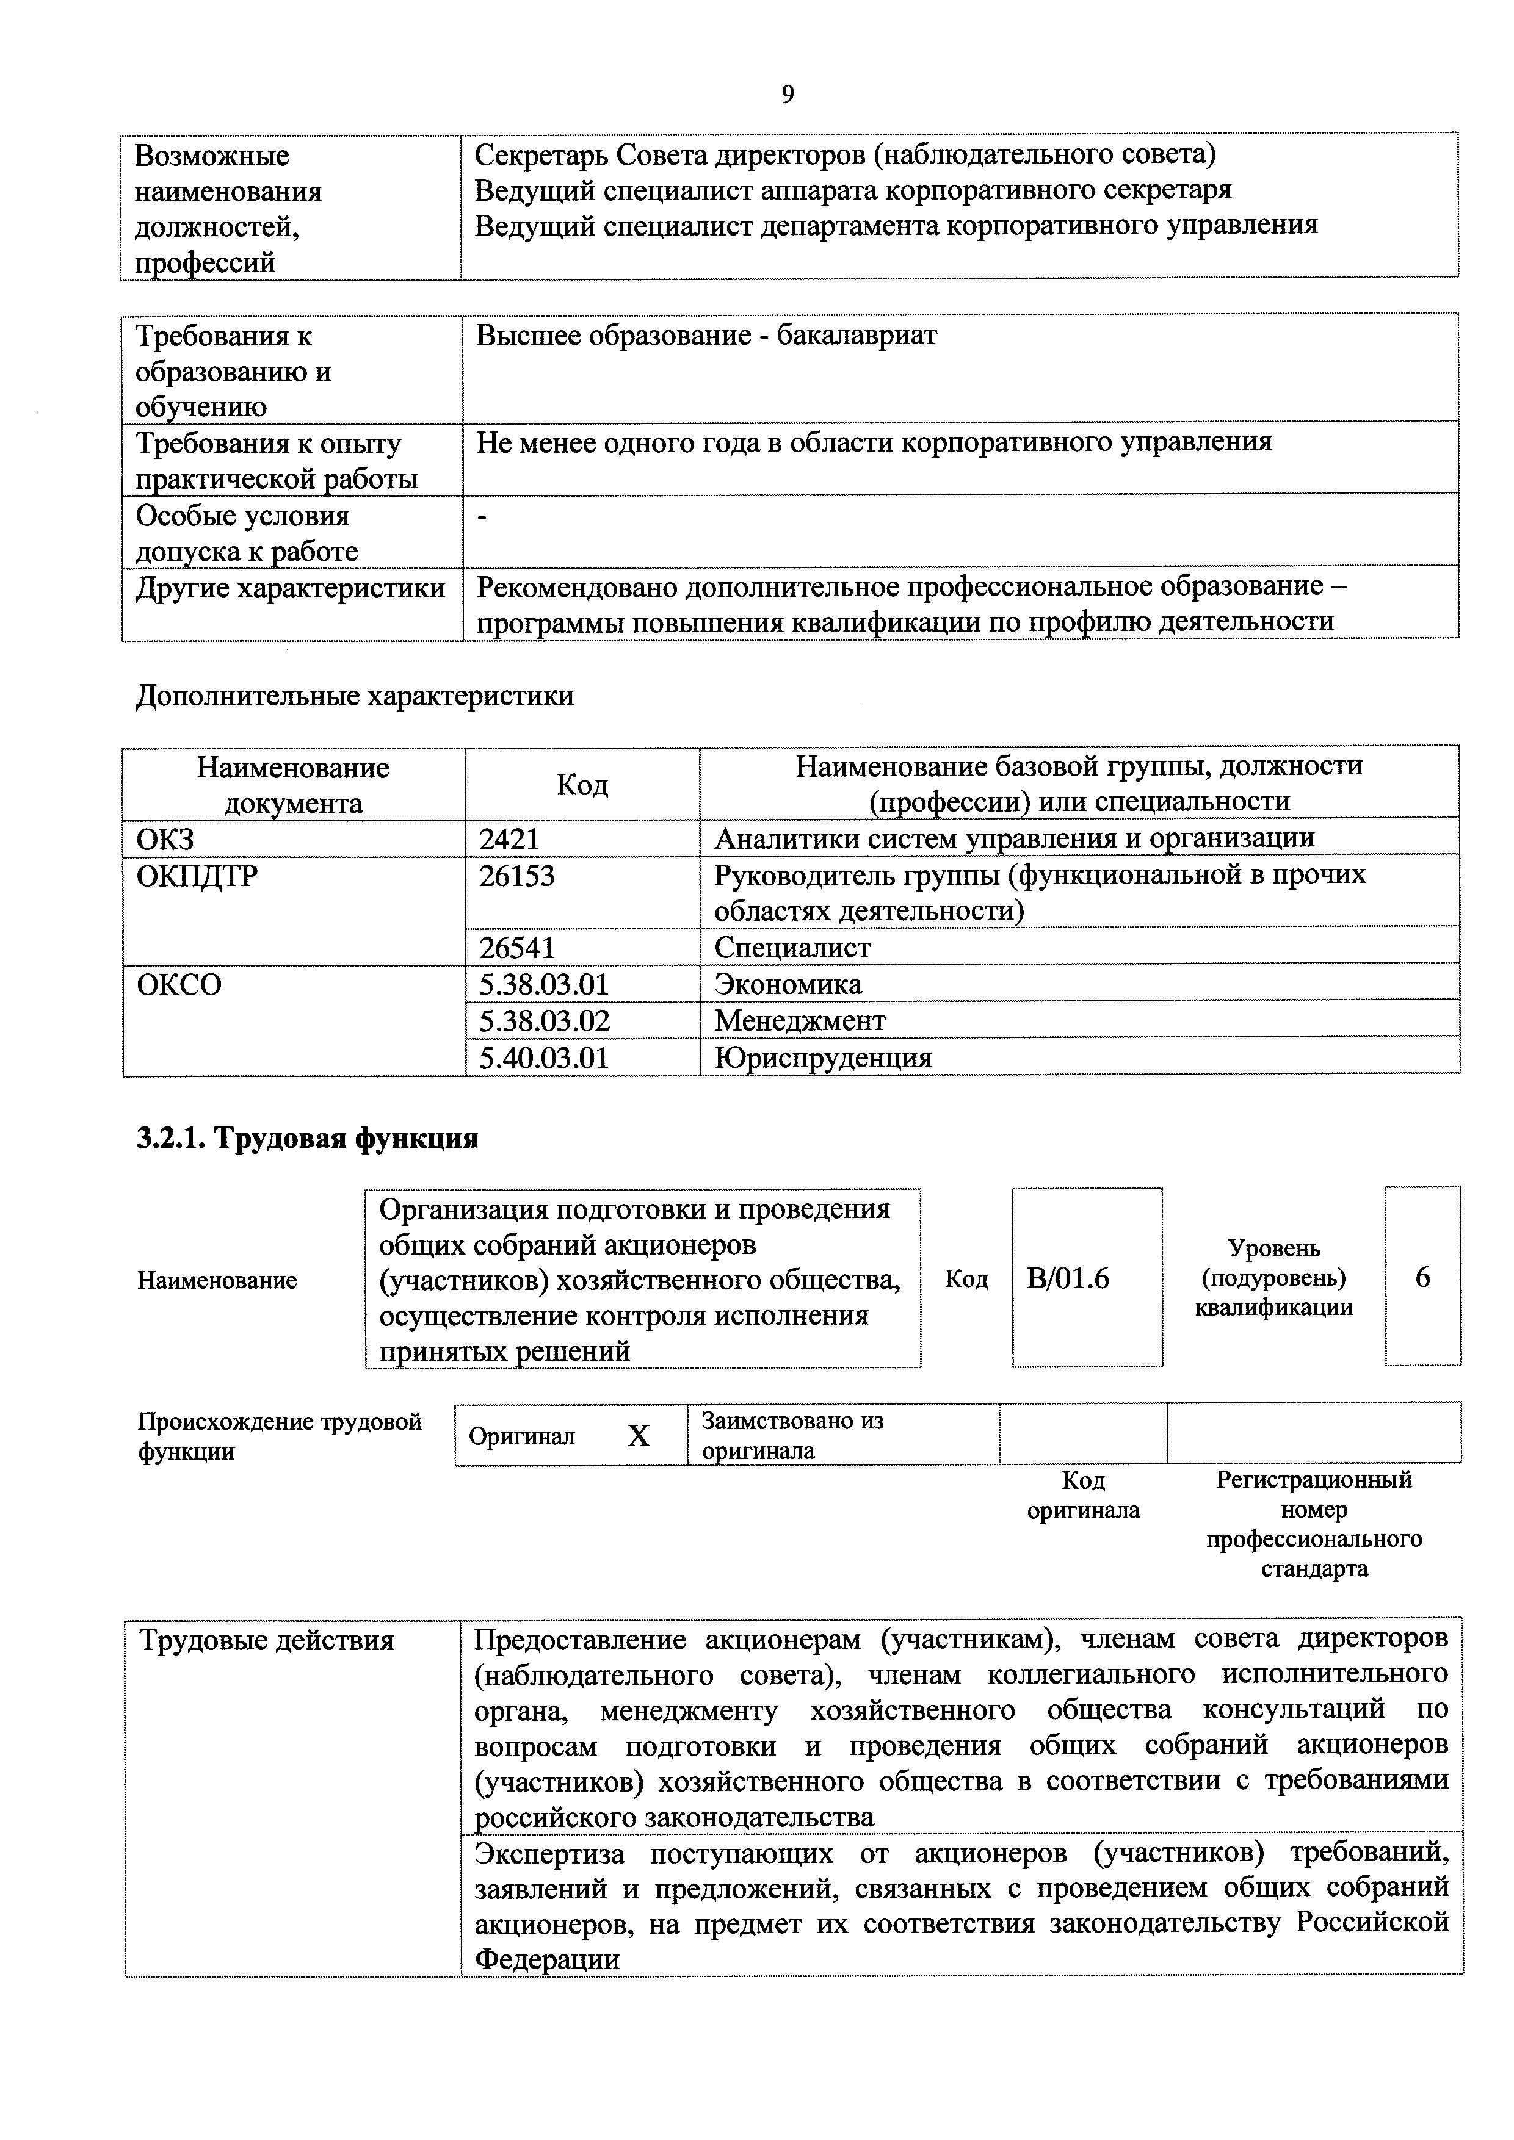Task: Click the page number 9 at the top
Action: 788,95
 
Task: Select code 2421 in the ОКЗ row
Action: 509,839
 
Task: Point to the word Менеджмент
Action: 800,1021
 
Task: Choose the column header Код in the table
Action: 582,785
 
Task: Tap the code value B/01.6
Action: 1068,1278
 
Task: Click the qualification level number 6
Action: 1422,1277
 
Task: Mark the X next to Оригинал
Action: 638,1436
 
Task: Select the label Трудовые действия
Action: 267,1640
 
